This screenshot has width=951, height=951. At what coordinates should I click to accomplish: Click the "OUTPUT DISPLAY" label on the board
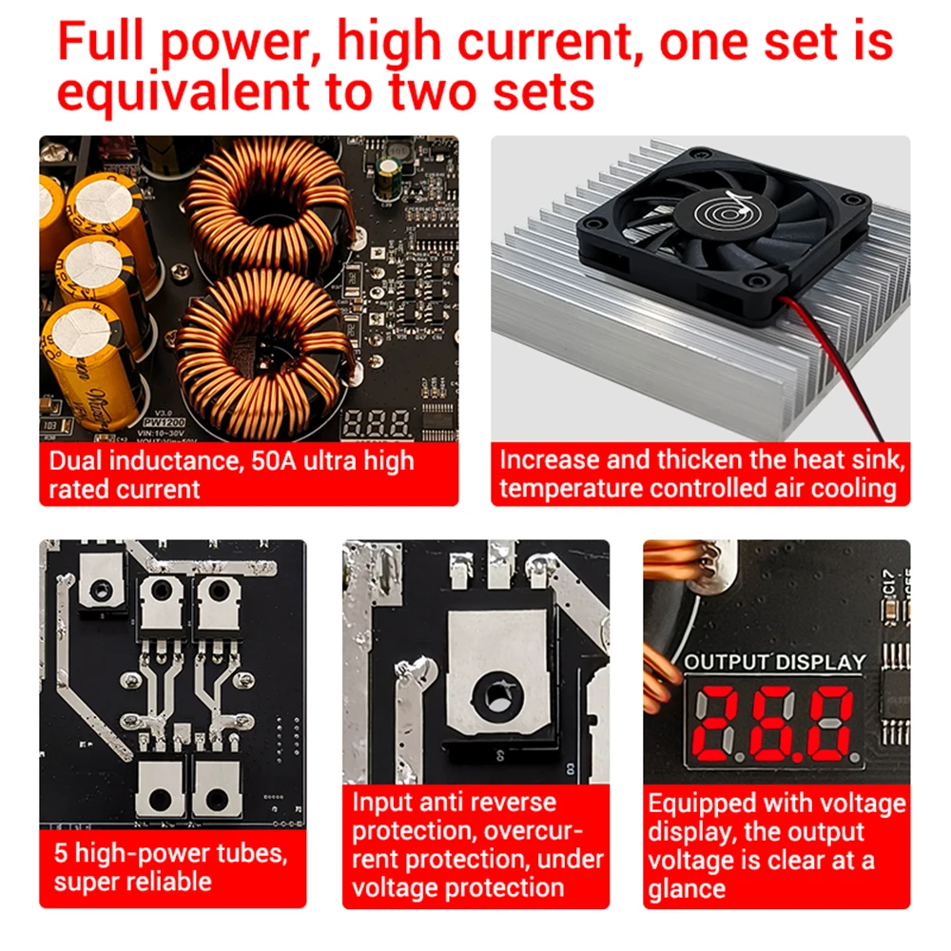[775, 662]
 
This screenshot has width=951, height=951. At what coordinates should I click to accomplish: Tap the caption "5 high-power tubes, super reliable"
[170, 865]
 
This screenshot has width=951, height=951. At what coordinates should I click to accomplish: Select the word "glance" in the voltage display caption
[686, 889]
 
